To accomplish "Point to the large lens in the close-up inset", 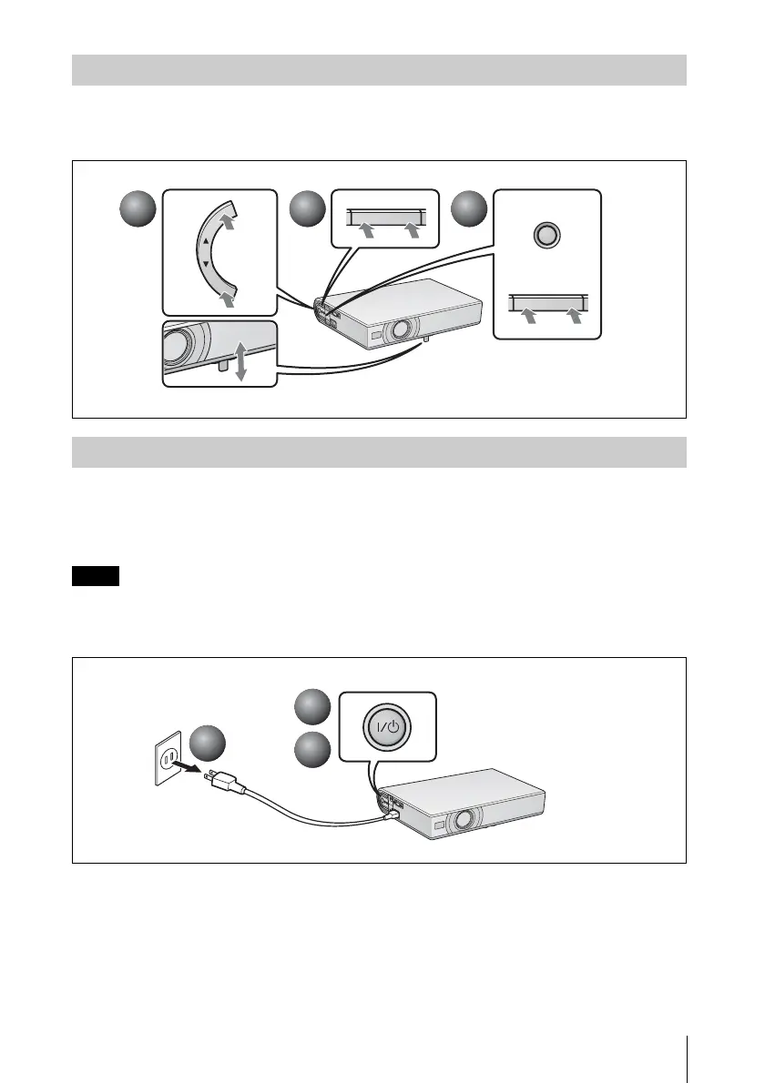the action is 178,348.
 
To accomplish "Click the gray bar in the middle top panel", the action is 385,216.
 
